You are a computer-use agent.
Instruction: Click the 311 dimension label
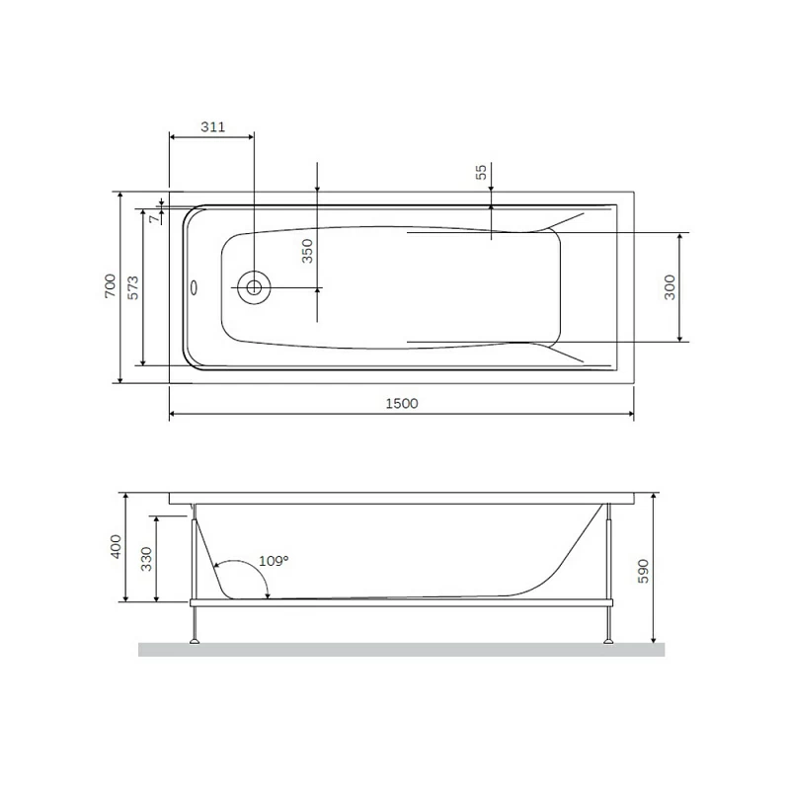pos(213,127)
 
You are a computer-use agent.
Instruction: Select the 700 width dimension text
pos(112,287)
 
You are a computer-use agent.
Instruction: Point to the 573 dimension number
pos(133,287)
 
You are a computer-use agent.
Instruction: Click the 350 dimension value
pos(307,250)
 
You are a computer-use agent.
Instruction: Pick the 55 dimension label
pos(481,172)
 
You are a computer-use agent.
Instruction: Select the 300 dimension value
pos(670,287)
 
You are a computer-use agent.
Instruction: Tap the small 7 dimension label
pos(152,219)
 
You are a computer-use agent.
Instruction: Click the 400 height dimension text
pos(116,546)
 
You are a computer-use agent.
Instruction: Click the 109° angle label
pos(274,561)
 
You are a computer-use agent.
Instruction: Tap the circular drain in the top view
pos(255,287)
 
